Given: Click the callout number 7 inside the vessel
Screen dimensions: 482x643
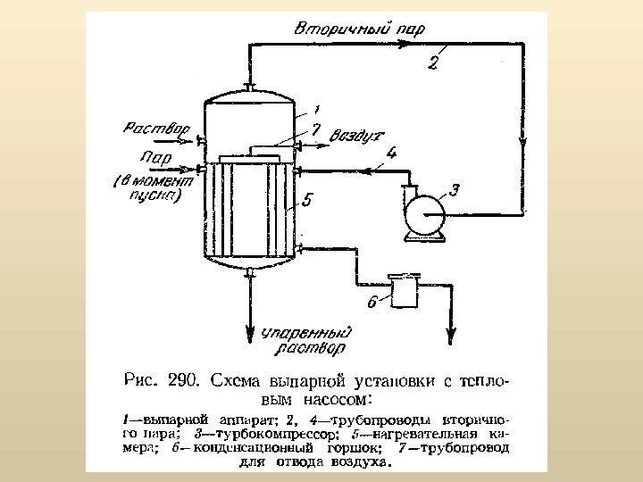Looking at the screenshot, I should coord(315,130).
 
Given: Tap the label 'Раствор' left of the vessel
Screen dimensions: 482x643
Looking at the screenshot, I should coord(155,129).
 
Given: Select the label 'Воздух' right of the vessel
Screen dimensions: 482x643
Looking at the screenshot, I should coord(356,137).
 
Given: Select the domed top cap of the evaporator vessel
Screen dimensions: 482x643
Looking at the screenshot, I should coord(249,95).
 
